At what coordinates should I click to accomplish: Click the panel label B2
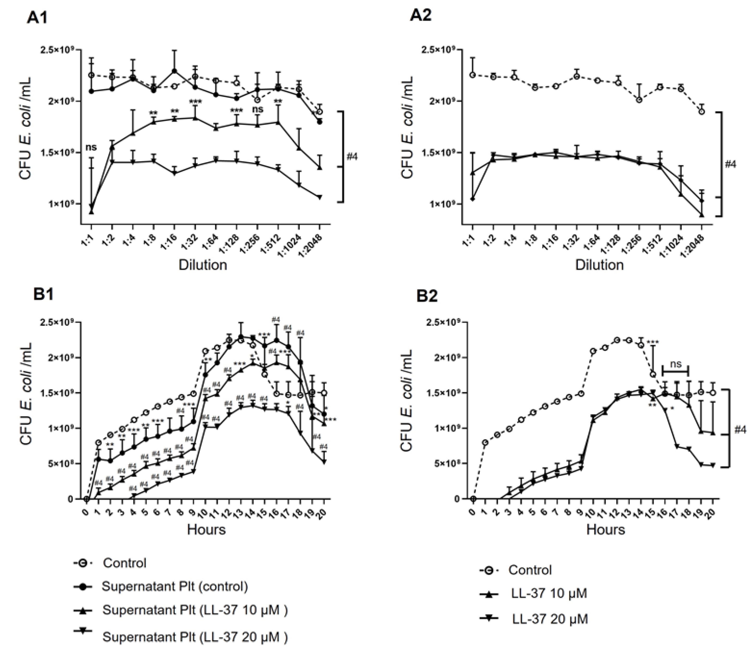pyautogui.click(x=427, y=296)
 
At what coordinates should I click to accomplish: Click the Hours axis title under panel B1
pyautogui.click(x=206, y=529)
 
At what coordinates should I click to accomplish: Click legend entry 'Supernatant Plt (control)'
pyautogui.click(x=175, y=586)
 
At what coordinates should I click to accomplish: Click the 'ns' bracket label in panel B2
pyautogui.click(x=676, y=364)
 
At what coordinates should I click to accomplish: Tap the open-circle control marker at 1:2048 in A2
pyautogui.click(x=701, y=112)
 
